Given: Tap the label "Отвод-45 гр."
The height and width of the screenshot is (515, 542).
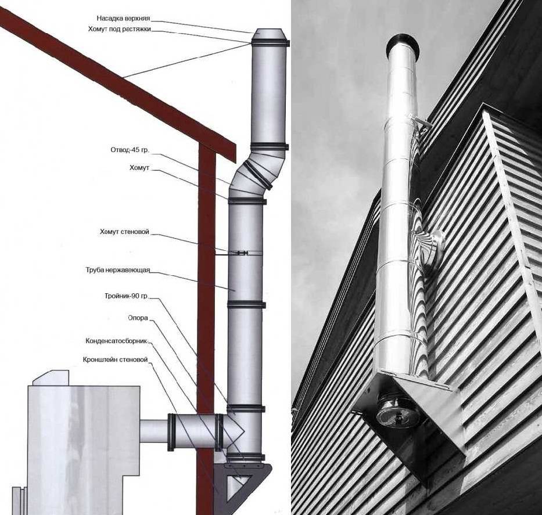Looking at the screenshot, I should pyautogui.click(x=130, y=150).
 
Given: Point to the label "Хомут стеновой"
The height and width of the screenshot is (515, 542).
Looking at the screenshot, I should pyautogui.click(x=124, y=232).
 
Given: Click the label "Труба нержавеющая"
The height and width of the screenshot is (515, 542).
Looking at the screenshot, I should pyautogui.click(x=119, y=270).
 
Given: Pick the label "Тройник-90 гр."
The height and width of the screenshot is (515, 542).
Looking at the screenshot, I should pyautogui.click(x=122, y=296).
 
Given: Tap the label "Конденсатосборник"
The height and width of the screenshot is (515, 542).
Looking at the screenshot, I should pyautogui.click(x=116, y=341).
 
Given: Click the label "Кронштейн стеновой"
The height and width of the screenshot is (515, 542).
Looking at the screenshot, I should pyautogui.click(x=116, y=359).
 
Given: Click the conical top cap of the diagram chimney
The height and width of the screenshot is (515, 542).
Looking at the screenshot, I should pyautogui.click(x=270, y=34).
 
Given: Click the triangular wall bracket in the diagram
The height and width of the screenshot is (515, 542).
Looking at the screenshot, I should pyautogui.click(x=244, y=479).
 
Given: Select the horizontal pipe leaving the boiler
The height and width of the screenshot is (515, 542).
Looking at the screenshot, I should pyautogui.click(x=154, y=431).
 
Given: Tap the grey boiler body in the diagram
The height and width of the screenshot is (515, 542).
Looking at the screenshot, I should pyautogui.click(x=81, y=441).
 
